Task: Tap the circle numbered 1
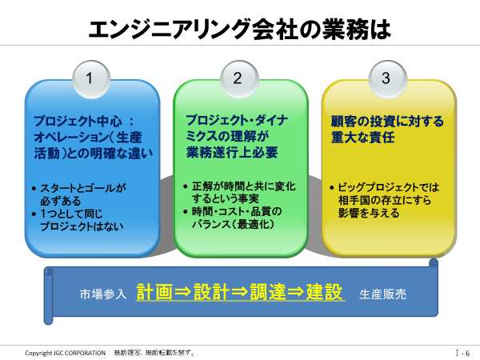pyautogui.click(x=91, y=79)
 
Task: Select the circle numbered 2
pyautogui.click(x=239, y=79)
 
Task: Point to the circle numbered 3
pyautogui.click(x=388, y=79)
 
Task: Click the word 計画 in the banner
pyautogui.click(x=154, y=292)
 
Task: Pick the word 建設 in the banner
pyautogui.click(x=324, y=292)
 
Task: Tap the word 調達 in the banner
pyautogui.click(x=268, y=292)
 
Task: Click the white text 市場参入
pyautogui.click(x=103, y=294)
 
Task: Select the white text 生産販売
pyautogui.click(x=382, y=294)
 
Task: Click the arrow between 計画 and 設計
pyautogui.click(x=183, y=292)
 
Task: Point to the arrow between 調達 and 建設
pyautogui.click(x=296, y=292)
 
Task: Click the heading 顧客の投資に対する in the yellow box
pyautogui.click(x=387, y=122)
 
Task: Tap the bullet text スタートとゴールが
pyautogui.click(x=83, y=188)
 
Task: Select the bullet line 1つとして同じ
pyautogui.click(x=71, y=214)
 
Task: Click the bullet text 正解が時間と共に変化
pyautogui.click(x=244, y=186)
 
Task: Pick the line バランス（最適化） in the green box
pyautogui.click(x=233, y=224)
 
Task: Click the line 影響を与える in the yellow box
pyautogui.click(x=369, y=213)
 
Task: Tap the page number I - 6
pyautogui.click(x=462, y=353)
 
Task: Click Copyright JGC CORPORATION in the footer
pyautogui.click(x=66, y=353)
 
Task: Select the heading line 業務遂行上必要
pyautogui.click(x=232, y=152)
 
